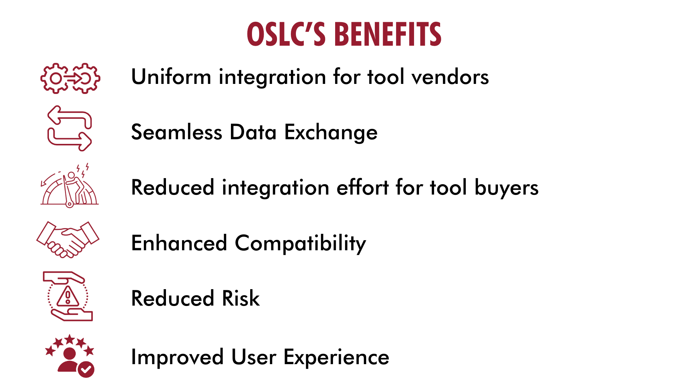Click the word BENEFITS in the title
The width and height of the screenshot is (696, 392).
click(388, 35)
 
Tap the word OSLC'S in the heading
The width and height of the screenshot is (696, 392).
click(286, 35)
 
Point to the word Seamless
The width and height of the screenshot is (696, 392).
click(177, 132)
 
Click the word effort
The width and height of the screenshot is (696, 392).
click(363, 187)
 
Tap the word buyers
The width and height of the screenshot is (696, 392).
click(506, 188)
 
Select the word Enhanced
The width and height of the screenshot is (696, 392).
click(179, 243)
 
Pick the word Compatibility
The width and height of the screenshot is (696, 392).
click(300, 244)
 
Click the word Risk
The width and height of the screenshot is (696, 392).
click(241, 298)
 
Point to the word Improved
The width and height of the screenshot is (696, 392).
click(177, 357)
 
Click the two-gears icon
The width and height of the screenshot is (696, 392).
click(70, 78)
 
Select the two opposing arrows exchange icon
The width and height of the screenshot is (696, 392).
click(70, 129)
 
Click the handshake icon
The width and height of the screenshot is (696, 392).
click(68, 240)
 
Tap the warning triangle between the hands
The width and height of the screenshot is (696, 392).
click(67, 296)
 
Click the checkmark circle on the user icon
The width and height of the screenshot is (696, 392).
click(86, 370)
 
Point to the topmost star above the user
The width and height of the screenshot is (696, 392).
click(70, 339)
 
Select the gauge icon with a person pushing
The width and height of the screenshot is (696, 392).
click(69, 187)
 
